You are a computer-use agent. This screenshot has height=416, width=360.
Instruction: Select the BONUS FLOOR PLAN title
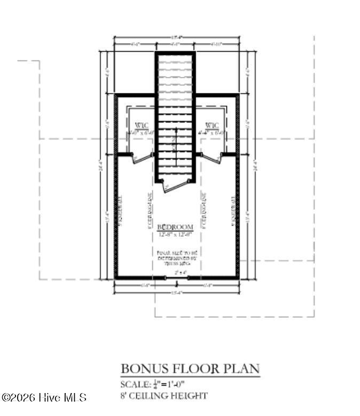(x=190, y=368)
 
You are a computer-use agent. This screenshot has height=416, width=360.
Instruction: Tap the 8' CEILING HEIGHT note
(x=164, y=396)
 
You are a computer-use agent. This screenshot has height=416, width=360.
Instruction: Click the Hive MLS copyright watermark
(x=44, y=398)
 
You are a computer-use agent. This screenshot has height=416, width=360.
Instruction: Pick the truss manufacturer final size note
(x=176, y=257)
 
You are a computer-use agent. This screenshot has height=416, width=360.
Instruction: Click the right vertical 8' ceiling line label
(x=205, y=211)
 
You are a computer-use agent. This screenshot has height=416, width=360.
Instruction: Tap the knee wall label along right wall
(x=233, y=210)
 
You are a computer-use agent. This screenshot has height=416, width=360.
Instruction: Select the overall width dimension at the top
(x=176, y=37)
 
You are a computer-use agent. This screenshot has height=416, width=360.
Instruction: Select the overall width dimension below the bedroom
(x=176, y=293)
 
